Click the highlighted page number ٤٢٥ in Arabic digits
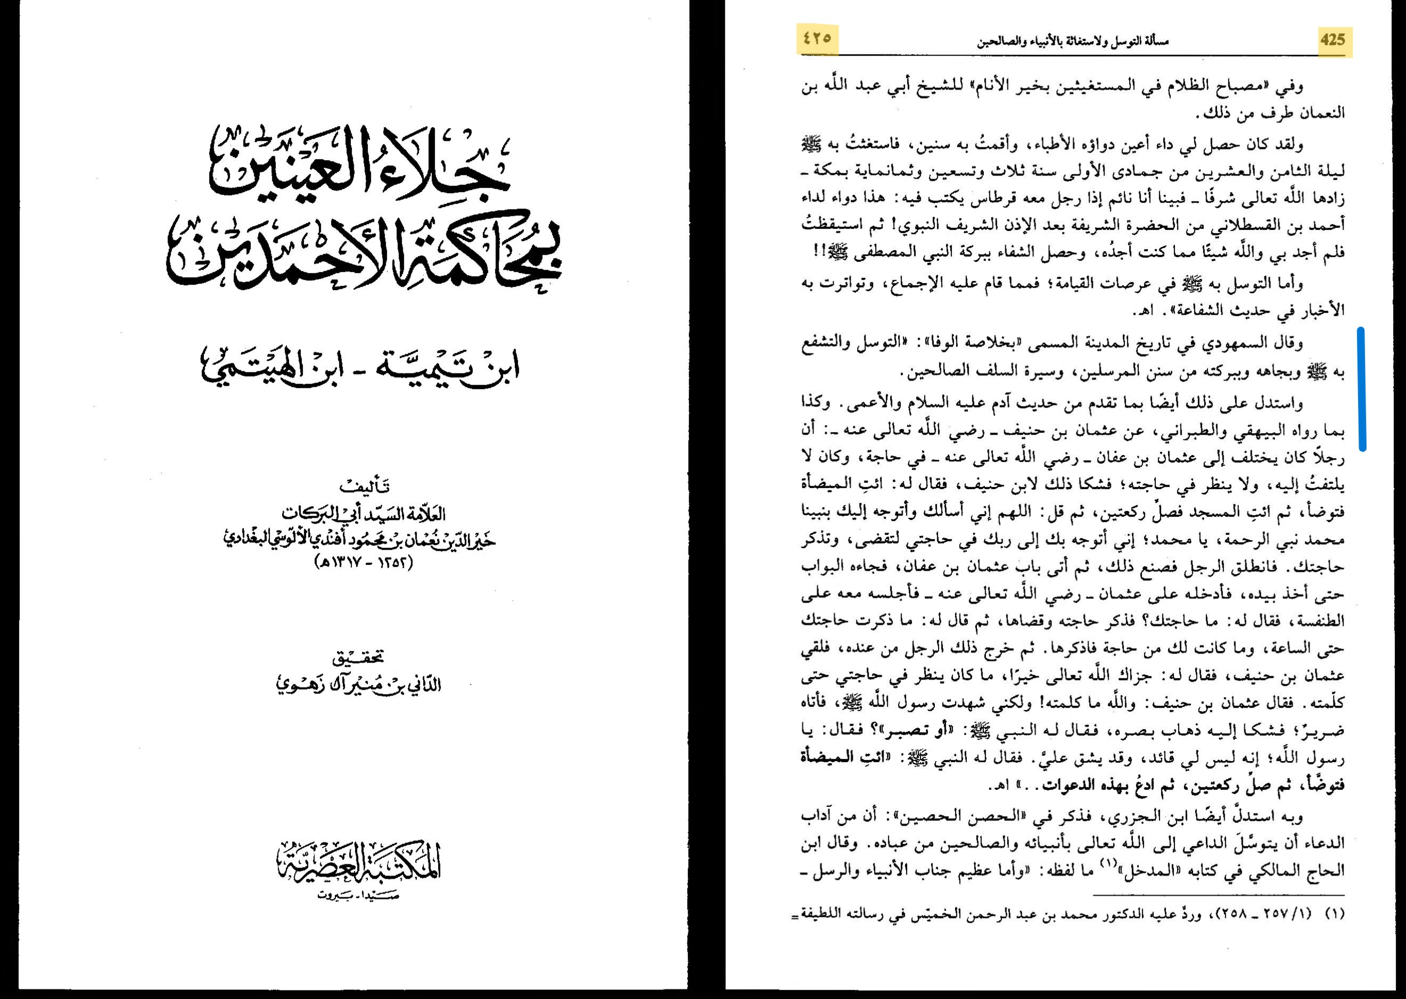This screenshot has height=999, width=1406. point(817,38)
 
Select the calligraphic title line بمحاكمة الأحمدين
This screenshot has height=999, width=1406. point(363,252)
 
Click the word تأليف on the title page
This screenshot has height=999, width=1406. point(364,486)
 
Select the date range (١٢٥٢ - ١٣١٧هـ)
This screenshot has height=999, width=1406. point(363,562)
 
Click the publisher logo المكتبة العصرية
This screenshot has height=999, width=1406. point(359,861)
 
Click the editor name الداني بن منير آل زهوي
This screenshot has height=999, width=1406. point(359,684)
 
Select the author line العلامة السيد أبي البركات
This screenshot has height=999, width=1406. point(363,513)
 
